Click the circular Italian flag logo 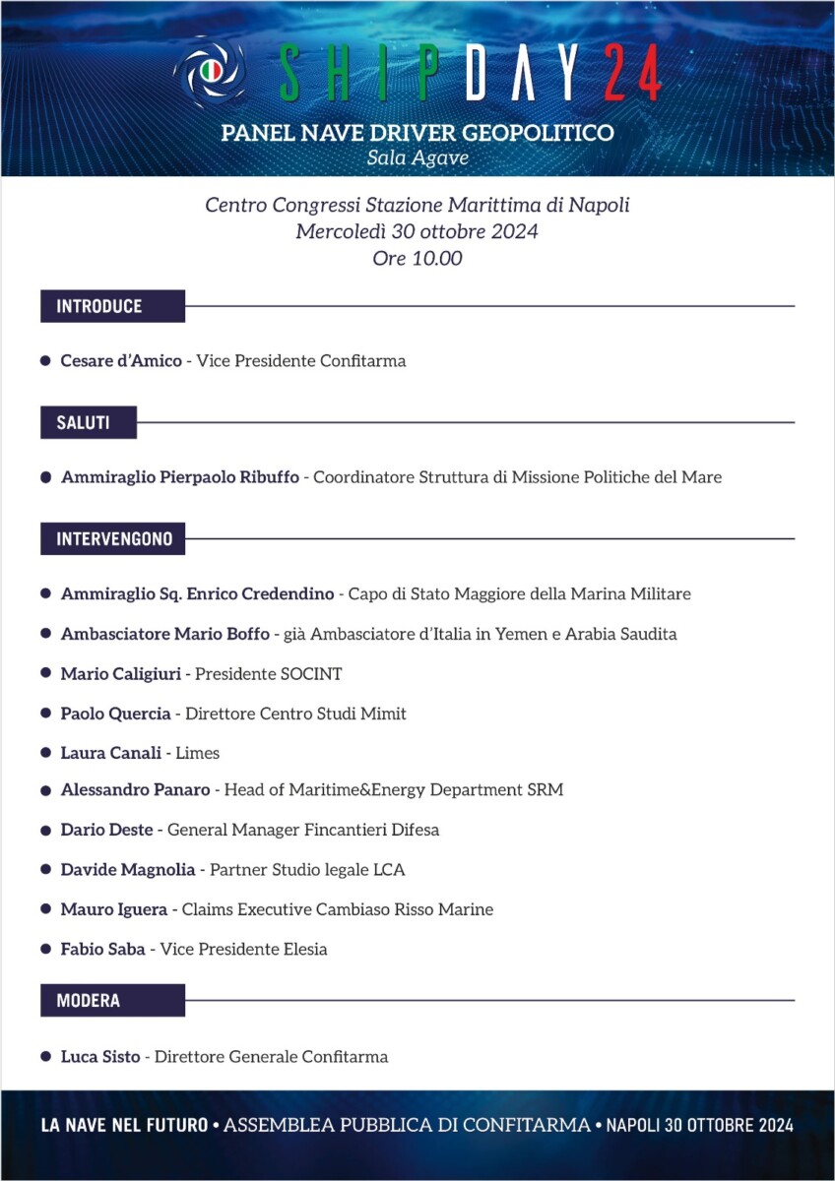(x=210, y=71)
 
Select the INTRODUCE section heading (x=99, y=306)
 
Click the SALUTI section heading (x=83, y=423)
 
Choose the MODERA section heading (x=89, y=1001)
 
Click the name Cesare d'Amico (x=121, y=361)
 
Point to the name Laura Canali (x=111, y=753)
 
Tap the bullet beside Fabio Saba (x=45, y=949)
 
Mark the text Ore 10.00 (x=417, y=260)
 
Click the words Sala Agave (x=417, y=156)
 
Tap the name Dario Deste (x=106, y=830)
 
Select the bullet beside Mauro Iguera (x=45, y=909)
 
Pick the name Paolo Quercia (x=115, y=714)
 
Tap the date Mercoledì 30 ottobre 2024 (x=417, y=232)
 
